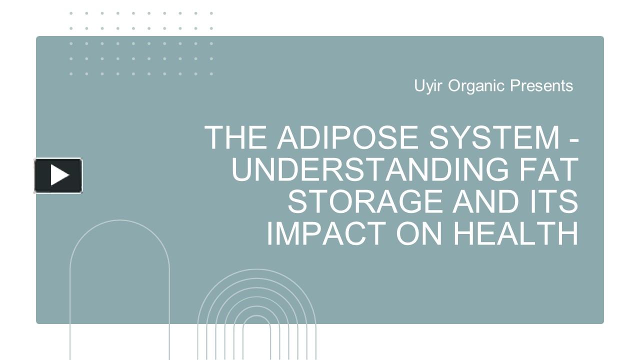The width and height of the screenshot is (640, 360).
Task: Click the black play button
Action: pyautogui.click(x=58, y=175)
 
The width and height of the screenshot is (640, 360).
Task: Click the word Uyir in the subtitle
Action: pyautogui.click(x=428, y=86)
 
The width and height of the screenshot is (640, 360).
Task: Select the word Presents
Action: pyautogui.click(x=541, y=86)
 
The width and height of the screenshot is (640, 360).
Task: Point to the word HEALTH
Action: pyautogui.click(x=515, y=233)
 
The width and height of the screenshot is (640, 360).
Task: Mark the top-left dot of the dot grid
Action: pyautogui.click(x=71, y=13)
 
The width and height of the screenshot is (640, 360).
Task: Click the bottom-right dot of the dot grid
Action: pyautogui.click(x=211, y=74)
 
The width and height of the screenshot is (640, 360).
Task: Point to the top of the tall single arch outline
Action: pyautogui.click(x=119, y=220)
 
